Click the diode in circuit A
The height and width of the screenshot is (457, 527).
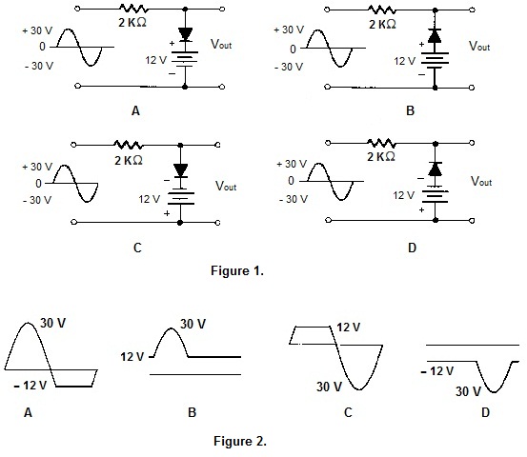185,34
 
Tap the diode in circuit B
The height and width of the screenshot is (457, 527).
435,35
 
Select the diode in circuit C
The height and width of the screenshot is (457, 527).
180,170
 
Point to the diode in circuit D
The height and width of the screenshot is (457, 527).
435,169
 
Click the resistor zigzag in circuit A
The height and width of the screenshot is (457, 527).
132,9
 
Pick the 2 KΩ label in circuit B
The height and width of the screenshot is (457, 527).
382,25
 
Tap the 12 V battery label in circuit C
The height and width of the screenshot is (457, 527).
150,199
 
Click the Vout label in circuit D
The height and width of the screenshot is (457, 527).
481,181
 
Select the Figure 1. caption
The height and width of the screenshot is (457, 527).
237,270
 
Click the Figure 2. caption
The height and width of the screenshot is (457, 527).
240,441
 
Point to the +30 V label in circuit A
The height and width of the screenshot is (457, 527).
37,30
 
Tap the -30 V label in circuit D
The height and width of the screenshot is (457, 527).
294,199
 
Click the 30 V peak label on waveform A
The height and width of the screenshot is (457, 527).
52,323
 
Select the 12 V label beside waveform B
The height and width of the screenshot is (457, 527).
132,357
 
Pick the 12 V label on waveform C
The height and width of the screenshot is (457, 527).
348,328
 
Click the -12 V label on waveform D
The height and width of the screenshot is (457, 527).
436,371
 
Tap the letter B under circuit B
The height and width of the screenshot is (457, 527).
411,110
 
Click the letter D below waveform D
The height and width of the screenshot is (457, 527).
485,412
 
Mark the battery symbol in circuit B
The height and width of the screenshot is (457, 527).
435,60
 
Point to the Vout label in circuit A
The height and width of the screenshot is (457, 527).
221,44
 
